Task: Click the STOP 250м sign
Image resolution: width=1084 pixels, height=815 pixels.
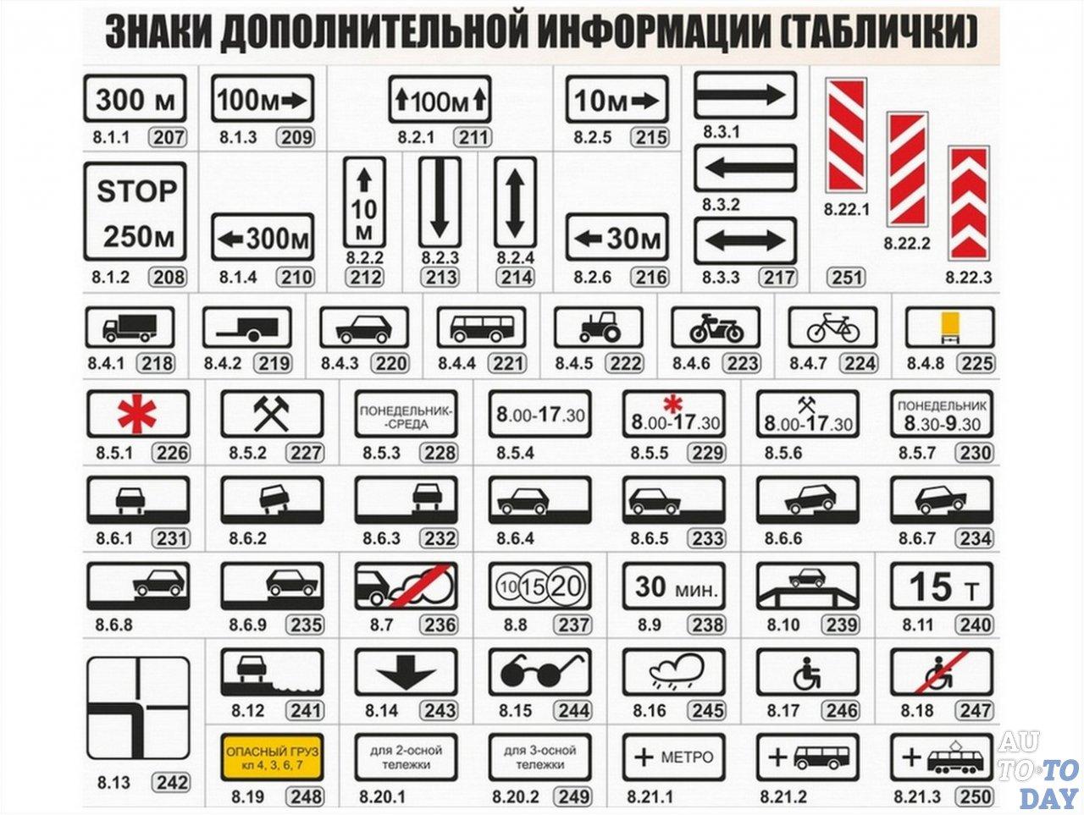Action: (135, 211)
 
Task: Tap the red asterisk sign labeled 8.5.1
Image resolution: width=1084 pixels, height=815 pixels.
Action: (138, 413)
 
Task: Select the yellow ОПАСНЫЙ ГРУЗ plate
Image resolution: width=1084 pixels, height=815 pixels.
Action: (272, 757)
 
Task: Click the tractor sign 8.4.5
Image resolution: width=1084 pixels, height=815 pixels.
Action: (599, 328)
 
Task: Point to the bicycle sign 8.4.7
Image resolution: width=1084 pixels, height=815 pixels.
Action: (833, 328)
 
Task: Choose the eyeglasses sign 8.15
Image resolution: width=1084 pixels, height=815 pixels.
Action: (539, 672)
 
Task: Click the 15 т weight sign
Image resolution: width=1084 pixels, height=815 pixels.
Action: (942, 586)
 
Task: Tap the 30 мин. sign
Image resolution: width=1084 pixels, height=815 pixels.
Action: (674, 586)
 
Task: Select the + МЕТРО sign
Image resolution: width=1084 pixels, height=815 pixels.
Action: (674, 757)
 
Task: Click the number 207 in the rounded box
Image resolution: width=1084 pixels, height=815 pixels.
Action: (168, 137)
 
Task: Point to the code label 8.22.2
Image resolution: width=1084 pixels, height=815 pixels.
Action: (907, 243)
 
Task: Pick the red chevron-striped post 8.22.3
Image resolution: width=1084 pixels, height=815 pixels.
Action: (969, 203)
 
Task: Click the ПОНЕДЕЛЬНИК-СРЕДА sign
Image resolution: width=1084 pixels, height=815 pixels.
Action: (406, 413)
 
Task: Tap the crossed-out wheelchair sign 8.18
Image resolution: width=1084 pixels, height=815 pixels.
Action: (942, 672)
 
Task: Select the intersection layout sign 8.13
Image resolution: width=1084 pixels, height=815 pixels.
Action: (138, 708)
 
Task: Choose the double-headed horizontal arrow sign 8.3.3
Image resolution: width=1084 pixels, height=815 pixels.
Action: (745, 240)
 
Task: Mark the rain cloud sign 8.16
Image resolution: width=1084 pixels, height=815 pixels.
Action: (674, 672)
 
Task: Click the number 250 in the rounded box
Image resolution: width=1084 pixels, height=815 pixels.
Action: (975, 796)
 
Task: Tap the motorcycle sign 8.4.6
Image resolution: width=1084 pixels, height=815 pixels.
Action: (716, 328)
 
